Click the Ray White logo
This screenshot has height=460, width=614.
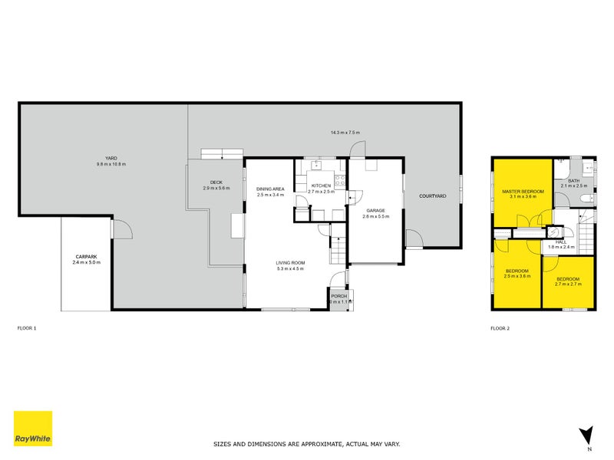(33, 429)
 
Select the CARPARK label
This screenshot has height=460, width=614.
(87, 257)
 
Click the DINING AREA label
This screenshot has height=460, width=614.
(271, 189)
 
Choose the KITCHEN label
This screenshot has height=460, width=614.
(321, 186)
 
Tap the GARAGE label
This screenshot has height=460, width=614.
(375, 211)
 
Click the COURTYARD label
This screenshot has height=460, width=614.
(432, 196)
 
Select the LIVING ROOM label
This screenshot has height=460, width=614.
(291, 263)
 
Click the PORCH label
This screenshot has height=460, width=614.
(339, 295)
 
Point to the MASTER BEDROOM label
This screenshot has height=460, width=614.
(523, 191)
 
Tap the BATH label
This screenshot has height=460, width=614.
(573, 181)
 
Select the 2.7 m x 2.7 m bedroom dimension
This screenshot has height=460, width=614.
(568, 284)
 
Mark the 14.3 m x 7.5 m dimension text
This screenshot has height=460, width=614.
(345, 133)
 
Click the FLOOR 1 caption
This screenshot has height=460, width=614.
(27, 328)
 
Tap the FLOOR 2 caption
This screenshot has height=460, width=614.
(500, 328)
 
